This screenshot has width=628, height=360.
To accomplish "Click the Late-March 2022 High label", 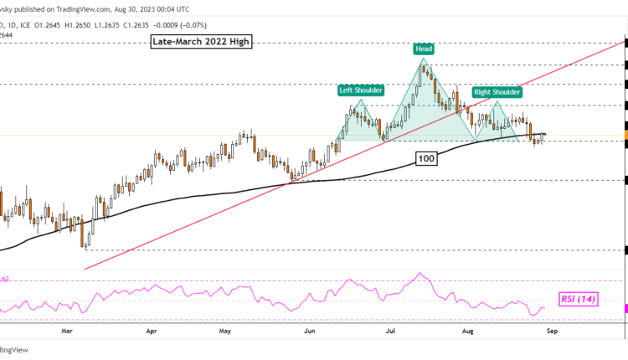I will tap(201, 41).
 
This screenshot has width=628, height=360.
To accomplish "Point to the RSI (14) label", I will tap(578, 298).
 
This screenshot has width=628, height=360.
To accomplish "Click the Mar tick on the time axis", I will tap(69, 332).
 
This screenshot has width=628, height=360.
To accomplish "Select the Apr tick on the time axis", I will tap(152, 332).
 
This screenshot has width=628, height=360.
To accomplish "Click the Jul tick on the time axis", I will tap(390, 332).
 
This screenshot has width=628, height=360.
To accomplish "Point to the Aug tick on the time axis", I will tap(469, 332).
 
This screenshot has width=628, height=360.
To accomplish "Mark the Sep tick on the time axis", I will tap(550, 332).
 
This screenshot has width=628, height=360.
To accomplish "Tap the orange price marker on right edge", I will tap(625, 135).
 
